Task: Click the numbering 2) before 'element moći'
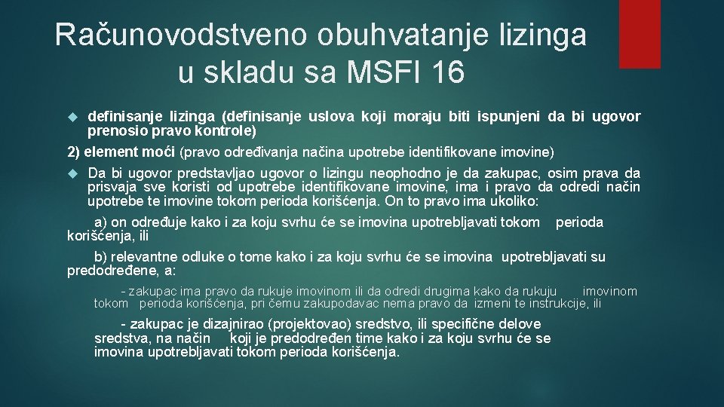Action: (x=74, y=152)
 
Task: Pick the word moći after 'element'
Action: (x=161, y=152)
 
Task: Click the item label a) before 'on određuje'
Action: (x=100, y=222)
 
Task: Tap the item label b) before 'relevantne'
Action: (x=100, y=258)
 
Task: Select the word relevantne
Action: (x=146, y=258)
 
